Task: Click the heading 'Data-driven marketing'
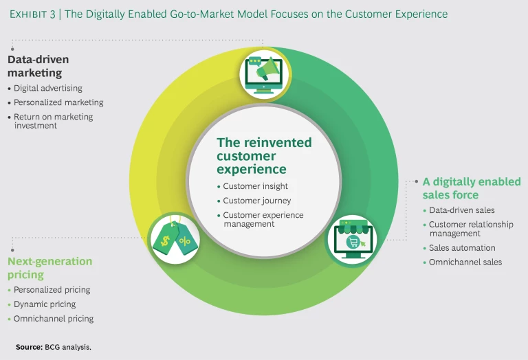[38, 66]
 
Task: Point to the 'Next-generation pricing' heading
[49, 268]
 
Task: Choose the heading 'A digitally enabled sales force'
[472, 188]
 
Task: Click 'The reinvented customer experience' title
[264, 155]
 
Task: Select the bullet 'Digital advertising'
[48, 88]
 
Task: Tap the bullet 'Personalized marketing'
[58, 102]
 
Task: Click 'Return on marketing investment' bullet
[54, 121]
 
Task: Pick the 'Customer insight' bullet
[255, 186]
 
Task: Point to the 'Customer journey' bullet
[256, 201]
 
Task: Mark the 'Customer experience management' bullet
[263, 219]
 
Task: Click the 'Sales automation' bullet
[462, 247]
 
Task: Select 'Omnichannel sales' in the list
[465, 262]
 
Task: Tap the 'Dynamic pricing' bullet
[45, 304]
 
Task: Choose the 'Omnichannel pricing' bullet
[54, 319]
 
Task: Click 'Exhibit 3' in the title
[32, 14]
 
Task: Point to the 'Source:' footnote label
[30, 347]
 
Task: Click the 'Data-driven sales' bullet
[461, 210]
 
